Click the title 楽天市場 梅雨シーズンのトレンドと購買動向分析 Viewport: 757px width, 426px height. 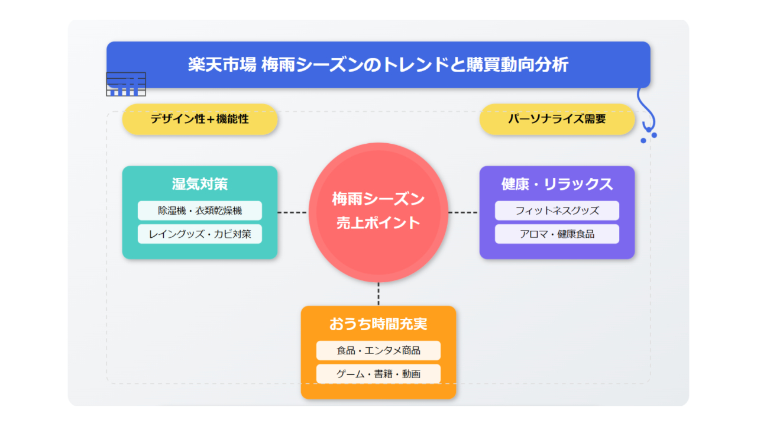point(378,64)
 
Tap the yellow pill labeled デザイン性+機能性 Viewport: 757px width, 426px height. point(200,119)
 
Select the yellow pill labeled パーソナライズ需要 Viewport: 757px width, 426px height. point(557,119)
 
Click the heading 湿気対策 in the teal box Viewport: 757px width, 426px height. point(200,184)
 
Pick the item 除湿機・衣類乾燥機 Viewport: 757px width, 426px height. point(200,211)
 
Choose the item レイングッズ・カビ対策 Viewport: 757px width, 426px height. point(200,234)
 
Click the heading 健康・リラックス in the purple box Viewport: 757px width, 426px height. point(557,184)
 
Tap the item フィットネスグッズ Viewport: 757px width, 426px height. point(557,211)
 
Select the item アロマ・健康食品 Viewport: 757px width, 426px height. point(557,234)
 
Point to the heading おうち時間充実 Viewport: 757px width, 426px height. point(378,324)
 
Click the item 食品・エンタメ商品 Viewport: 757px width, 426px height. point(378,351)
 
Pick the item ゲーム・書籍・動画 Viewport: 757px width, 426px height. point(378,374)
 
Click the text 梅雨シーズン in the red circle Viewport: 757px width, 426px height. point(378,199)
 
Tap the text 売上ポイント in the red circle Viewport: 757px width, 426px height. point(378,223)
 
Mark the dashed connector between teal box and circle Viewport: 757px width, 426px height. point(293,212)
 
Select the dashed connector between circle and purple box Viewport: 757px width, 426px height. point(464,212)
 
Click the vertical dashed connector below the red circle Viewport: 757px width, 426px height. point(378,294)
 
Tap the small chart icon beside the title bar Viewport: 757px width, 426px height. point(126,84)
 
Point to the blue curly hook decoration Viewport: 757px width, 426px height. point(647,112)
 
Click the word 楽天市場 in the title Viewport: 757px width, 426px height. point(222,64)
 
